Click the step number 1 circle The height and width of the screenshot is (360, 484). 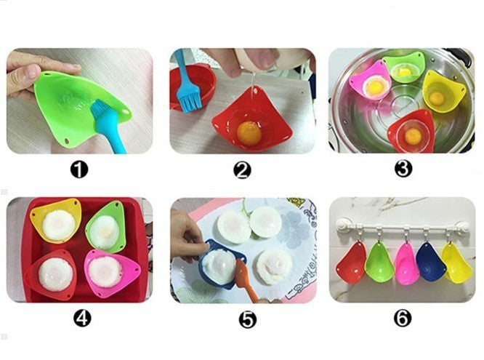click(79, 170)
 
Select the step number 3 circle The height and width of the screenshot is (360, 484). click(403, 169)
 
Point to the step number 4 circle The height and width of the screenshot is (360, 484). click(82, 319)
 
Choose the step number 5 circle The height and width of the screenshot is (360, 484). click(248, 319)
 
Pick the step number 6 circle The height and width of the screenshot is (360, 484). click(403, 319)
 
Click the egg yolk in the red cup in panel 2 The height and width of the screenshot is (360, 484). click(249, 134)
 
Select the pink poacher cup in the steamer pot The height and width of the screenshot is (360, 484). click(371, 80)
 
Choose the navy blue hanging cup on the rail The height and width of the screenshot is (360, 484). click(430, 262)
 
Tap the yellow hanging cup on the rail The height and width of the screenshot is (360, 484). click(456, 263)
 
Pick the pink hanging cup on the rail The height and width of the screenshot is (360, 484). click(406, 263)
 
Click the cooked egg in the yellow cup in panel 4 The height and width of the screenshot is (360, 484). click(59, 225)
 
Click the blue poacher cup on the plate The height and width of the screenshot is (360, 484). click(221, 264)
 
